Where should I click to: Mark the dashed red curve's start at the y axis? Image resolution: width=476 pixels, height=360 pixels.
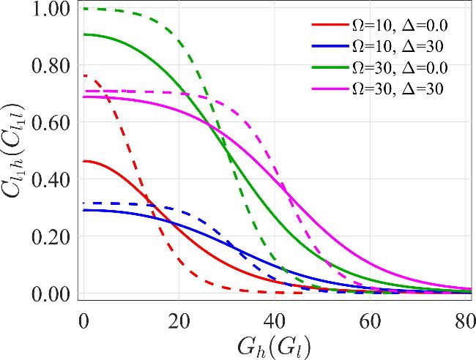coord(84,75)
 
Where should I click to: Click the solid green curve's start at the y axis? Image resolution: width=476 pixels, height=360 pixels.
coord(84,34)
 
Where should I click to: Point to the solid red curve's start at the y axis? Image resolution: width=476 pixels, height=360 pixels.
coord(84,161)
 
